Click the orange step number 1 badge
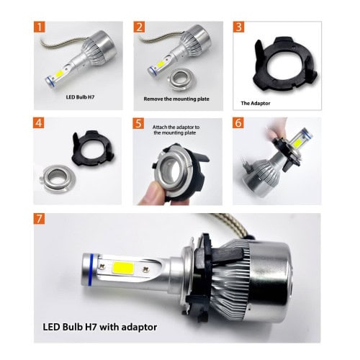tap(40, 27)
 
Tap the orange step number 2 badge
tap(139, 27)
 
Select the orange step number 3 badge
tap(238, 27)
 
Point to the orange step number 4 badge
tap(39, 123)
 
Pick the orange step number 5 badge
tap(138, 123)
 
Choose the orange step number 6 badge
tap(238, 123)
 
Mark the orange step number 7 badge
tap(39, 219)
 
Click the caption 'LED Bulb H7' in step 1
tap(80, 97)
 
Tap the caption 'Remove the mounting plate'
tap(176, 99)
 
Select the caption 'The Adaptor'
tap(256, 103)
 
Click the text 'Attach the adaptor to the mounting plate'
tap(176, 130)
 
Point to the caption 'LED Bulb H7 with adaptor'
tap(100, 327)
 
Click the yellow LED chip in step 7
tap(123, 268)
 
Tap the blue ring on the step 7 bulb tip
tap(91, 269)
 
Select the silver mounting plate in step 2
tap(182, 79)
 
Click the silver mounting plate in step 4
tap(58, 179)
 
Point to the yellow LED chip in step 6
tap(298, 142)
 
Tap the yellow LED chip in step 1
tap(60, 74)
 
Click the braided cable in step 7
tap(230, 225)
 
